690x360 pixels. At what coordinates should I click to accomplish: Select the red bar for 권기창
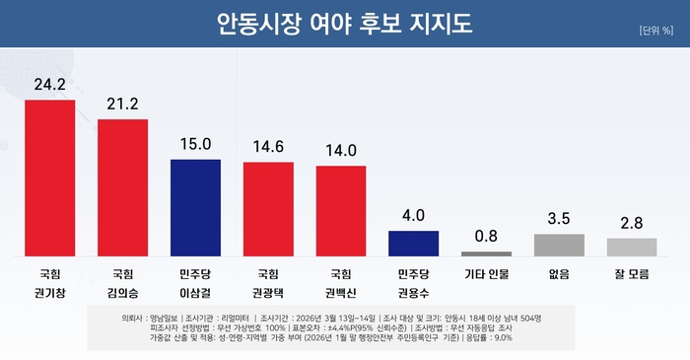[x=50, y=178]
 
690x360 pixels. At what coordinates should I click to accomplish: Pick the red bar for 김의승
[x=123, y=187]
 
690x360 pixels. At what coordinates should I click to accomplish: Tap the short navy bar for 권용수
[x=414, y=243]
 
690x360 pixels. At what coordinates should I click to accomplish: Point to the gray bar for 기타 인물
[x=486, y=252]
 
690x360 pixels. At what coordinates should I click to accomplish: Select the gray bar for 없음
[x=559, y=245]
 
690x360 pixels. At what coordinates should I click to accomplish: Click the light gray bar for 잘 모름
[x=632, y=247]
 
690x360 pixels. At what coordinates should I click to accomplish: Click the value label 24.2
[x=50, y=85]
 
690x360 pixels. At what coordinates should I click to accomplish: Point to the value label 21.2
[x=123, y=105]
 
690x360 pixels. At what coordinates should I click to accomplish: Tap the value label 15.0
[x=196, y=144]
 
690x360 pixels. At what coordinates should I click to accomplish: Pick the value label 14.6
[x=268, y=146]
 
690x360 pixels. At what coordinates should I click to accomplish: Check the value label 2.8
[x=632, y=223]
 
